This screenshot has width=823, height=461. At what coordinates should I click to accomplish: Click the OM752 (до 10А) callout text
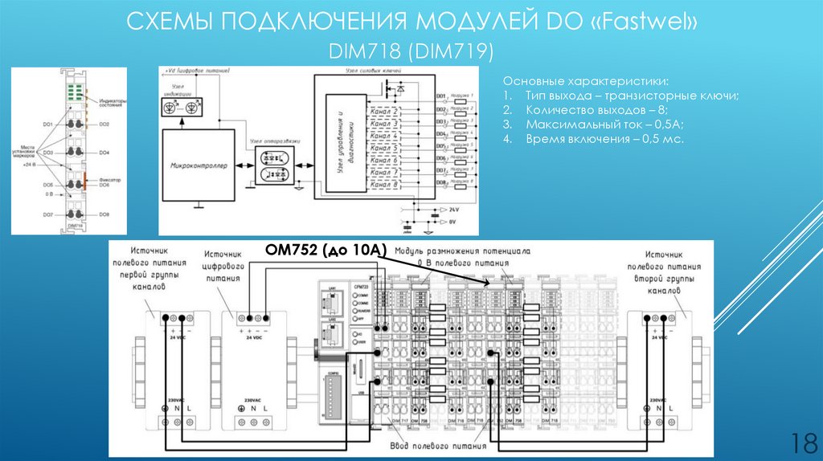point(326,251)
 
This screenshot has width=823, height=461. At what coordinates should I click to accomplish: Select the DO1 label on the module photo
point(48,124)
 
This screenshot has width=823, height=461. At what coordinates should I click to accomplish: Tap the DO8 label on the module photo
point(104,214)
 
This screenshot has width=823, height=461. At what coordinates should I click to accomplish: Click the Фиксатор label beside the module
point(111,181)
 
